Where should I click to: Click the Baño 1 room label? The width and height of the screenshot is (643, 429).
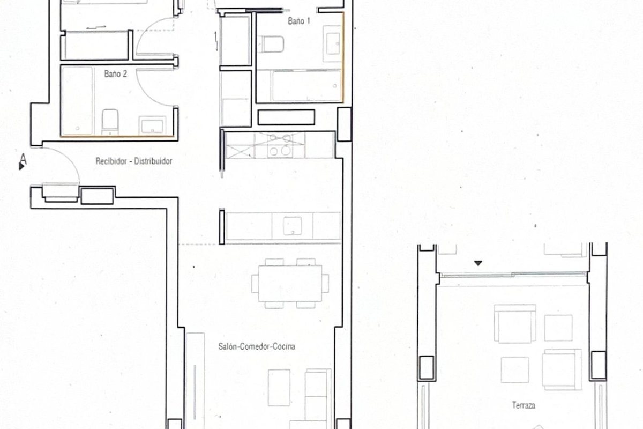(299, 21)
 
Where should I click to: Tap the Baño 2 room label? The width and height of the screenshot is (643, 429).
(115, 74)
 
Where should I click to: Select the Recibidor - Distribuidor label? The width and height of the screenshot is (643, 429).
(134, 161)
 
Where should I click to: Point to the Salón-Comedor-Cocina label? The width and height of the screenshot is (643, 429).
(257, 346)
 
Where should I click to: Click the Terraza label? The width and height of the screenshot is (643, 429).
(524, 405)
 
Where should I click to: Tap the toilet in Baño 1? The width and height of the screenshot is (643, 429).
(271, 45)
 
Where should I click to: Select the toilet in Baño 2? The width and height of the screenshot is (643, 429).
(110, 122)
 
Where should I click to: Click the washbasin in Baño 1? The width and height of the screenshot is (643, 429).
(332, 43)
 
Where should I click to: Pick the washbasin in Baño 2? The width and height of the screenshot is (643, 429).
(152, 125)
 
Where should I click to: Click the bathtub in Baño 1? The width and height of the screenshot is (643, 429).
(307, 86)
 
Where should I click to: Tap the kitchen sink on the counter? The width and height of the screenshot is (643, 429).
(292, 226)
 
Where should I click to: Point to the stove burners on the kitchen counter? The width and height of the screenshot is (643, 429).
(279, 145)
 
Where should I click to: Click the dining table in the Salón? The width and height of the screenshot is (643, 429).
(290, 283)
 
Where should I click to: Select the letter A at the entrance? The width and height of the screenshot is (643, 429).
(23, 159)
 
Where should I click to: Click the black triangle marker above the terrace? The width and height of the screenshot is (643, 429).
(478, 263)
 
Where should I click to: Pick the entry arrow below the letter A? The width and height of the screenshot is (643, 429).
(21, 166)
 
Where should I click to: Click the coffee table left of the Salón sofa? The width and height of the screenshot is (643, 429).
(279, 387)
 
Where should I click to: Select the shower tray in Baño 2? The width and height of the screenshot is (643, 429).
(77, 101)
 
